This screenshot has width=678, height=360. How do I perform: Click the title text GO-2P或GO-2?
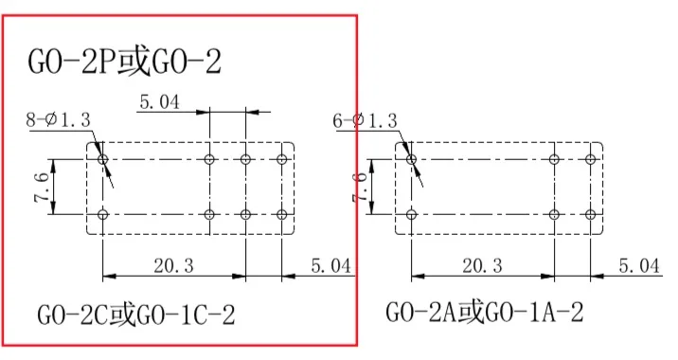[125, 62]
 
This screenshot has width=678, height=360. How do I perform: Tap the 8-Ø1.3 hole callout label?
[59, 119]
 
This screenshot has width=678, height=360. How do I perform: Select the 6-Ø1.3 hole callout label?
[365, 120]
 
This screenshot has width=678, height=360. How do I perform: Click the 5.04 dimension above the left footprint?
[159, 102]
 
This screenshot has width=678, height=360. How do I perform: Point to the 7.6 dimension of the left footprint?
[43, 187]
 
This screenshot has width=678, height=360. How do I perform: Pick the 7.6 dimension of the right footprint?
[360, 187]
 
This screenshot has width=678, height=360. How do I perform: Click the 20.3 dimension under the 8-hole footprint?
[174, 265]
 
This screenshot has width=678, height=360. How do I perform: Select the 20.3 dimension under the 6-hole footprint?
[482, 265]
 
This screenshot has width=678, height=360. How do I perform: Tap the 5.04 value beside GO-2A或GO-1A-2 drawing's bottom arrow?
[639, 265]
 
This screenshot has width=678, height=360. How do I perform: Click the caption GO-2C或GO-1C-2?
[136, 315]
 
